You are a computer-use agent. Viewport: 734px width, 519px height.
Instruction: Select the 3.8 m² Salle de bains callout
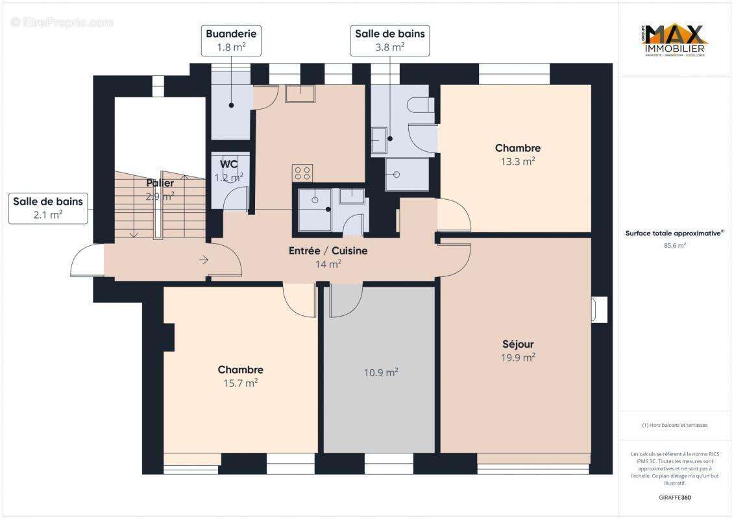pos(389,40)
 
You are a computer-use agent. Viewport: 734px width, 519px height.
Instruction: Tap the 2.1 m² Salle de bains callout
pos(48,208)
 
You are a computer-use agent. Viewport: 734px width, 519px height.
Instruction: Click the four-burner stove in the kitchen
pos(302,173)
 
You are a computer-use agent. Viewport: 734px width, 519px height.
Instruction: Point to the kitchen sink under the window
pos(300,94)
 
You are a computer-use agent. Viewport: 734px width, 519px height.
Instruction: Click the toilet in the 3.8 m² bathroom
pos(421,104)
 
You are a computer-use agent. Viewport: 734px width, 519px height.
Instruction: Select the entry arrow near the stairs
pos(203,260)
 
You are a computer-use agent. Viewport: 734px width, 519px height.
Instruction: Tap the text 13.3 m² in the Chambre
pos(517,162)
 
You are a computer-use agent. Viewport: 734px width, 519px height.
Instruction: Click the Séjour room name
pos(518,344)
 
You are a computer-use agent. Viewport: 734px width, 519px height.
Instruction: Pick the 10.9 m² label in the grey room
pos(380,372)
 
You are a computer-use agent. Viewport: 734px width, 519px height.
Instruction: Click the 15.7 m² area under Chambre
pos(240,383)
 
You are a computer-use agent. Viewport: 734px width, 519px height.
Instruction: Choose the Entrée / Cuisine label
pos(328,250)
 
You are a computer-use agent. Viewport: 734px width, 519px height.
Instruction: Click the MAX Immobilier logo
pos(675,40)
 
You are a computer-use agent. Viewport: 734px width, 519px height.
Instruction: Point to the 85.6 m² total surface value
pos(675,246)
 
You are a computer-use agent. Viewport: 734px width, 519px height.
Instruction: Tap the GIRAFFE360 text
pos(675,498)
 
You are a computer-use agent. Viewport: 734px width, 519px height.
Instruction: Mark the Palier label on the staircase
pos(160,184)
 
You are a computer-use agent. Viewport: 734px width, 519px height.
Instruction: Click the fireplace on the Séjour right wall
pos(599,309)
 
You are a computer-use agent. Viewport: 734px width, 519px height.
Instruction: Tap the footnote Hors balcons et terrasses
pos(675,426)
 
